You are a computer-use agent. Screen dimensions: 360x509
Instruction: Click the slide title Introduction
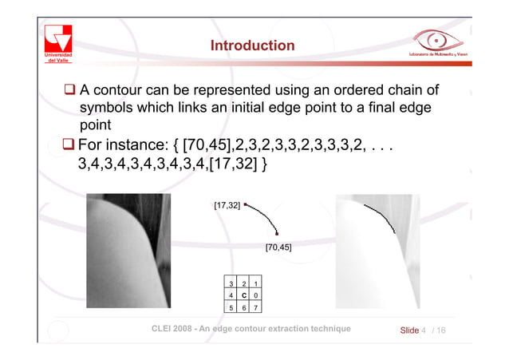[x=252, y=46]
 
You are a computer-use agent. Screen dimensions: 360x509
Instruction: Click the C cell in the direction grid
[x=243, y=295]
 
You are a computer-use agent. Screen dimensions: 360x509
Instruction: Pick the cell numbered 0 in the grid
[x=255, y=295]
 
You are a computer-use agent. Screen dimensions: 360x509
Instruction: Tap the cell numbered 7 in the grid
[x=255, y=307]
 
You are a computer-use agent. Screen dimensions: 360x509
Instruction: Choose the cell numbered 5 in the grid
[x=231, y=307]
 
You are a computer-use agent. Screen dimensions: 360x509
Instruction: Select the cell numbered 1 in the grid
[x=255, y=283]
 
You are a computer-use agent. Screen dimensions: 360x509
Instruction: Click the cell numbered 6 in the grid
[x=243, y=307]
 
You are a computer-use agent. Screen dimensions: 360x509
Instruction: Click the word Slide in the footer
[x=408, y=330]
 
